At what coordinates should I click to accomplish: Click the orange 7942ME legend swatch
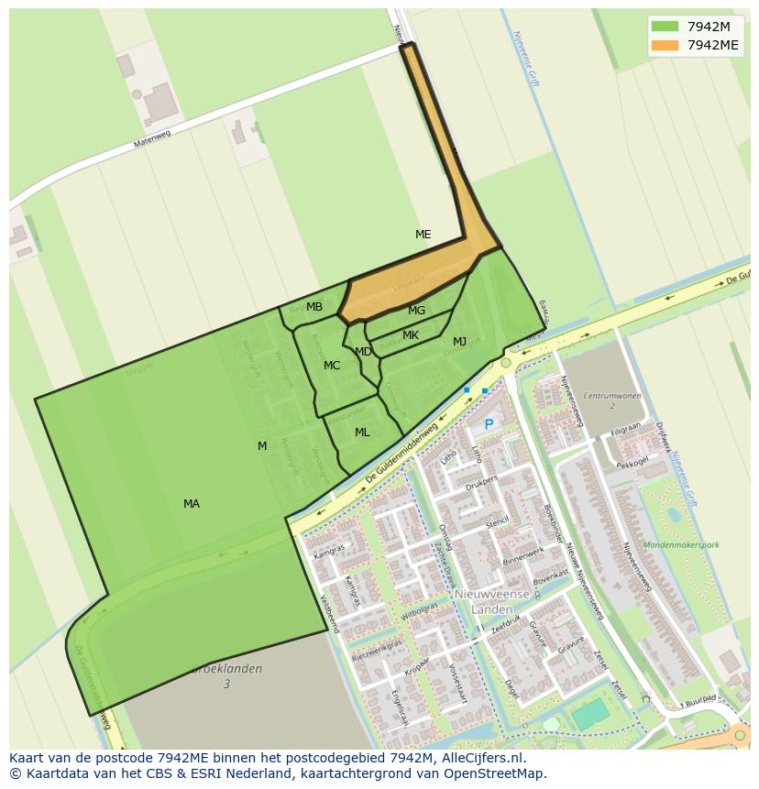click(665, 45)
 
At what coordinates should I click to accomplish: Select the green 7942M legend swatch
click(665, 27)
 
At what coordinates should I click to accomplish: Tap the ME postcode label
click(423, 235)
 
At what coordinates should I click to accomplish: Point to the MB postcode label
click(314, 307)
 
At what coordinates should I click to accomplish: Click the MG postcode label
click(416, 311)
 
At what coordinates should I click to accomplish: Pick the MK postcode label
click(411, 335)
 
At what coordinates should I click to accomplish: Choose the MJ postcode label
click(459, 342)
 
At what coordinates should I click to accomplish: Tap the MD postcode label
click(363, 352)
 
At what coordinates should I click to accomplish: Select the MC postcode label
click(332, 366)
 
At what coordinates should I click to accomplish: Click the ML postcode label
click(362, 433)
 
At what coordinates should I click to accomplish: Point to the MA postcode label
click(192, 504)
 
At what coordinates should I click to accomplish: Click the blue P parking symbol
click(489, 425)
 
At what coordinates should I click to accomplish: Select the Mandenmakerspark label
click(681, 544)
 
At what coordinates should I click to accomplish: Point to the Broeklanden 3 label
click(226, 675)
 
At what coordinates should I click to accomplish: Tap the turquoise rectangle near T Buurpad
click(591, 714)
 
